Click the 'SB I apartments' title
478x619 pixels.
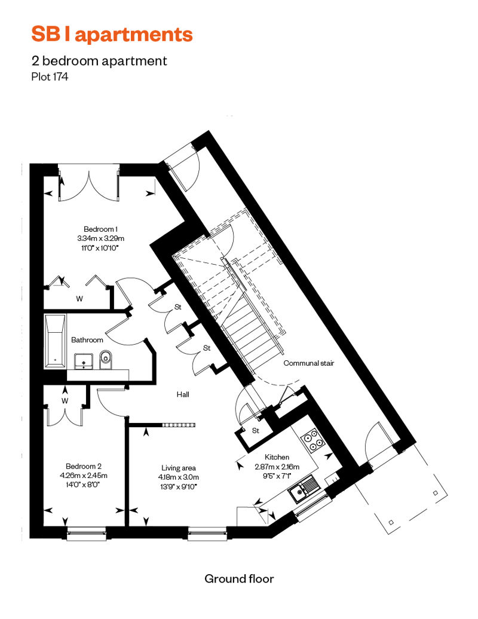point(112,34)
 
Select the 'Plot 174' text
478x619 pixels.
point(50,76)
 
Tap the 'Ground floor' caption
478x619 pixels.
point(239,579)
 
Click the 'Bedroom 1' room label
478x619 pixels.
point(100,229)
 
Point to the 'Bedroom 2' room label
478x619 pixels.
point(84,466)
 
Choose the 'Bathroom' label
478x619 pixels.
point(87,339)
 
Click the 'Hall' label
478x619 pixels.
point(183,394)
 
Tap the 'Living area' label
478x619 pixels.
point(179,468)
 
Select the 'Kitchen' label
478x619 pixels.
point(277,456)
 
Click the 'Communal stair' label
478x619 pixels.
point(309,363)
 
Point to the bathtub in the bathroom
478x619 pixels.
point(55,341)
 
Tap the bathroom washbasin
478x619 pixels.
point(83,361)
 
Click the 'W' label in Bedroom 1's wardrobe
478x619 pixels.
point(79,299)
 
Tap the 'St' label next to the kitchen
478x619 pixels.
point(255,430)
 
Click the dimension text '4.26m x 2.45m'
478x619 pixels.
point(84,476)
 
